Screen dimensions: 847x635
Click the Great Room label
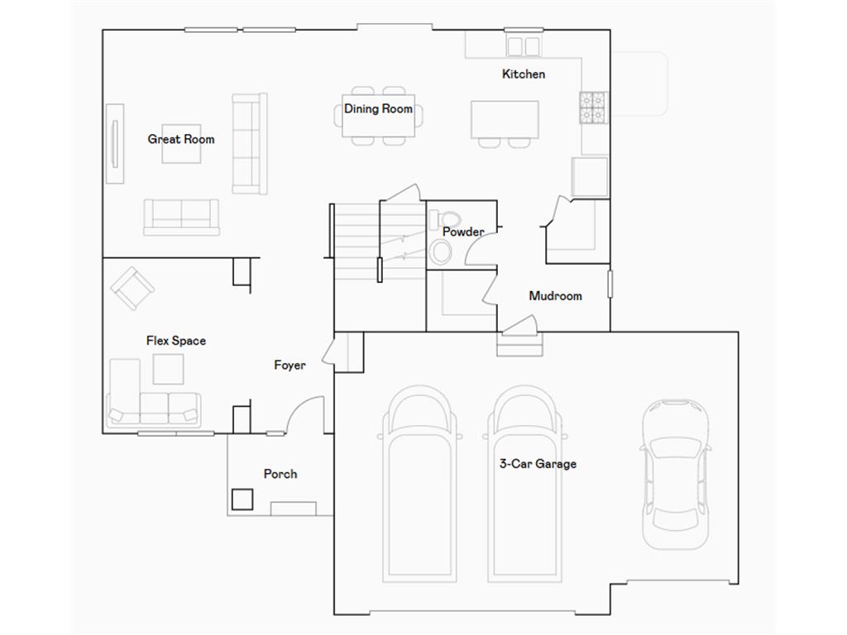pos(181,139)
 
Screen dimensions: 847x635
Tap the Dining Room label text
pos(378,108)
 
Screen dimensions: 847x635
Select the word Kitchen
pos(524,74)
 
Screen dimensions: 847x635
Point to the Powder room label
pos(463,232)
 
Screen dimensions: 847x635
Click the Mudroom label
pos(555,296)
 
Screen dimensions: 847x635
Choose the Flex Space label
pos(176,341)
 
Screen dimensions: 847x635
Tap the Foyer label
pos(290,365)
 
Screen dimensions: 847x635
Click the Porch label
pos(280,474)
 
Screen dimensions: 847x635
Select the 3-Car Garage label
pos(538,464)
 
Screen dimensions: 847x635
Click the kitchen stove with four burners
pos(593,107)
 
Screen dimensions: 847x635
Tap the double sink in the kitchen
pos(524,46)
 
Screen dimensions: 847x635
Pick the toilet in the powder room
pos(445,219)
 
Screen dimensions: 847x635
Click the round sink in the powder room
pos(441,252)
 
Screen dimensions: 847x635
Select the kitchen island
pos(505,119)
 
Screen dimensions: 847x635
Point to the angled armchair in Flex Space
pos(132,289)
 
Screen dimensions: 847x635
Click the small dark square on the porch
pos(242,499)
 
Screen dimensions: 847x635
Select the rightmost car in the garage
pos(675,475)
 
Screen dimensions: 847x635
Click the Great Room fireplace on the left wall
pos(115,144)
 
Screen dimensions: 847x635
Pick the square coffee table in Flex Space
pos(169,370)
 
